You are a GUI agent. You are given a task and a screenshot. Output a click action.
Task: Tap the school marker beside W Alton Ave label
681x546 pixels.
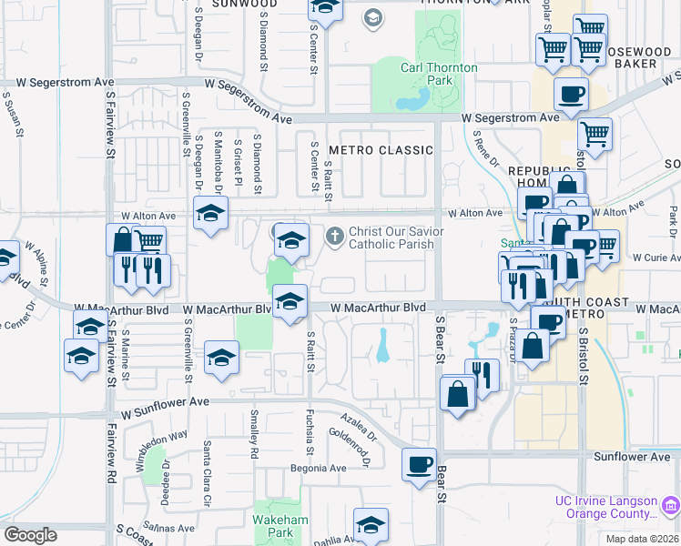(x=210, y=214)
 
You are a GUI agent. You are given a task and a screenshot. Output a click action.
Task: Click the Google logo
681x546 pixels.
(x=30, y=535)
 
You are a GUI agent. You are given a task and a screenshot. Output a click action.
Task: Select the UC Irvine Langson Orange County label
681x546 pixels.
(x=606, y=508)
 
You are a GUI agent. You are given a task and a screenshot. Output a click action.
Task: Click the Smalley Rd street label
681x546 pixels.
(x=254, y=434)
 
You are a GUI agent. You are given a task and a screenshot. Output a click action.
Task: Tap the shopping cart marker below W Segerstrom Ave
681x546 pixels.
(x=594, y=135)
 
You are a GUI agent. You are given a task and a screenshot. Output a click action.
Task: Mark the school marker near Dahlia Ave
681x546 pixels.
(x=371, y=525)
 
